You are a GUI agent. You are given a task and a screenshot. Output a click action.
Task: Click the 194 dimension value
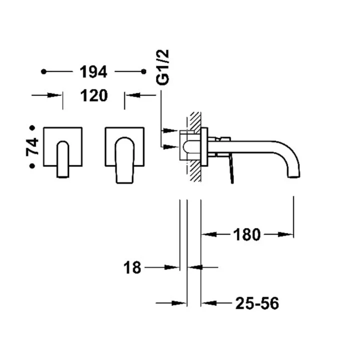(x=93, y=72)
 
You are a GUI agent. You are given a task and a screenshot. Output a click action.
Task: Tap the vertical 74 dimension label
(x=33, y=147)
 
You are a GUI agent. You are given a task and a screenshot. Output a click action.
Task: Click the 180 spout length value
(x=246, y=234)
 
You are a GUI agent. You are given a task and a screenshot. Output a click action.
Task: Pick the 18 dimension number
(x=133, y=268)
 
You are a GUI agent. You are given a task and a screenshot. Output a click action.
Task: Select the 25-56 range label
(x=255, y=302)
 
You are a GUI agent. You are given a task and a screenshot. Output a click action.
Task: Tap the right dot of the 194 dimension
(x=143, y=72)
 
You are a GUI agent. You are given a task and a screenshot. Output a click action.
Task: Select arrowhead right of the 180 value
(x=288, y=234)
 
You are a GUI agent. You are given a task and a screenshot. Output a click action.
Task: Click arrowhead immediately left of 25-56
(x=206, y=302)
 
